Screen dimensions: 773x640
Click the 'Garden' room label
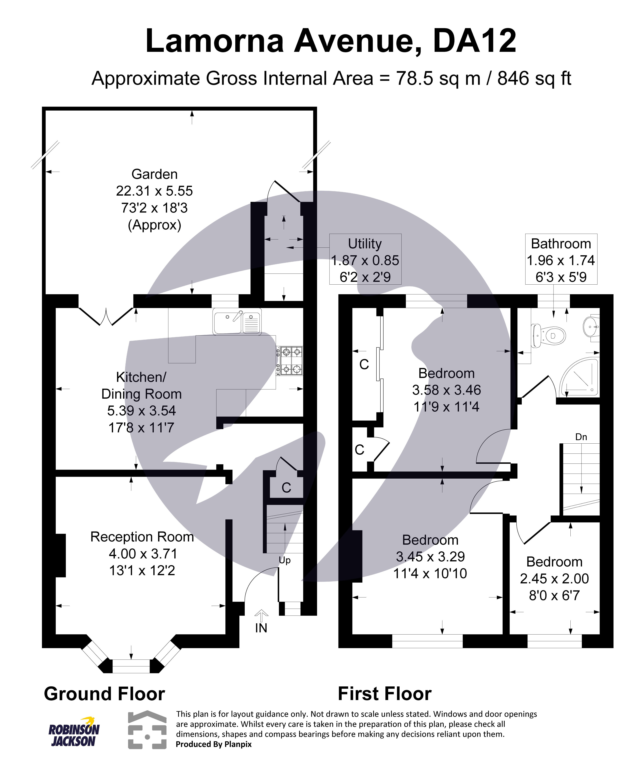click(x=154, y=174)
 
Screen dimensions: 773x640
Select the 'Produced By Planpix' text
click(x=214, y=744)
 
